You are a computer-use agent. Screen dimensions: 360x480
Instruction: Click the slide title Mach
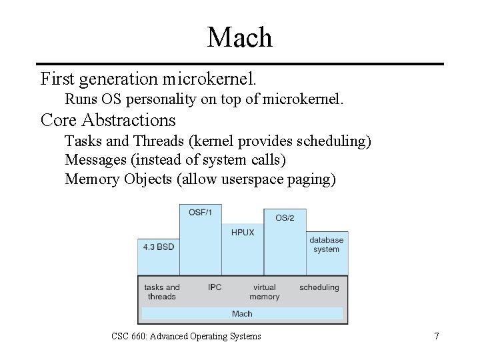tap(239, 37)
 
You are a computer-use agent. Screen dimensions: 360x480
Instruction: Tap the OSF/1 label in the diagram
tap(200, 212)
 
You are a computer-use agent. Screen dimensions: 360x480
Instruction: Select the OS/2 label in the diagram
tap(285, 218)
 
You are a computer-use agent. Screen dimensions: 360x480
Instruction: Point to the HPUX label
tap(243, 233)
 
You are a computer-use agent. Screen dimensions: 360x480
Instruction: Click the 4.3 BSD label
tap(159, 247)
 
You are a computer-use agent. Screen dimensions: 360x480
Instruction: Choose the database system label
tap(326, 245)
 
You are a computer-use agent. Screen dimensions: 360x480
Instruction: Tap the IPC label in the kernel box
tap(215, 287)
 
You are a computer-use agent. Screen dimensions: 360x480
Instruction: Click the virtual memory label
tap(265, 292)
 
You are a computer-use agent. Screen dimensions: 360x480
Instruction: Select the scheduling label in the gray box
tap(319, 287)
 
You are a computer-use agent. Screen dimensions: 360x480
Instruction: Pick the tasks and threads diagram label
tap(162, 292)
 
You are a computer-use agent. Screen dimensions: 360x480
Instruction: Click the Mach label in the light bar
tap(242, 314)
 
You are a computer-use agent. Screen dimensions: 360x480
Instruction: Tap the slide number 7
tap(436, 336)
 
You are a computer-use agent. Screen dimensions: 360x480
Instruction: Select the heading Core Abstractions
tap(108, 120)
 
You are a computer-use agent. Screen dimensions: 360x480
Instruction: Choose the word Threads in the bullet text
tap(156, 141)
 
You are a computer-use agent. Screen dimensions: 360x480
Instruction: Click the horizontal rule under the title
tap(239, 64)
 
